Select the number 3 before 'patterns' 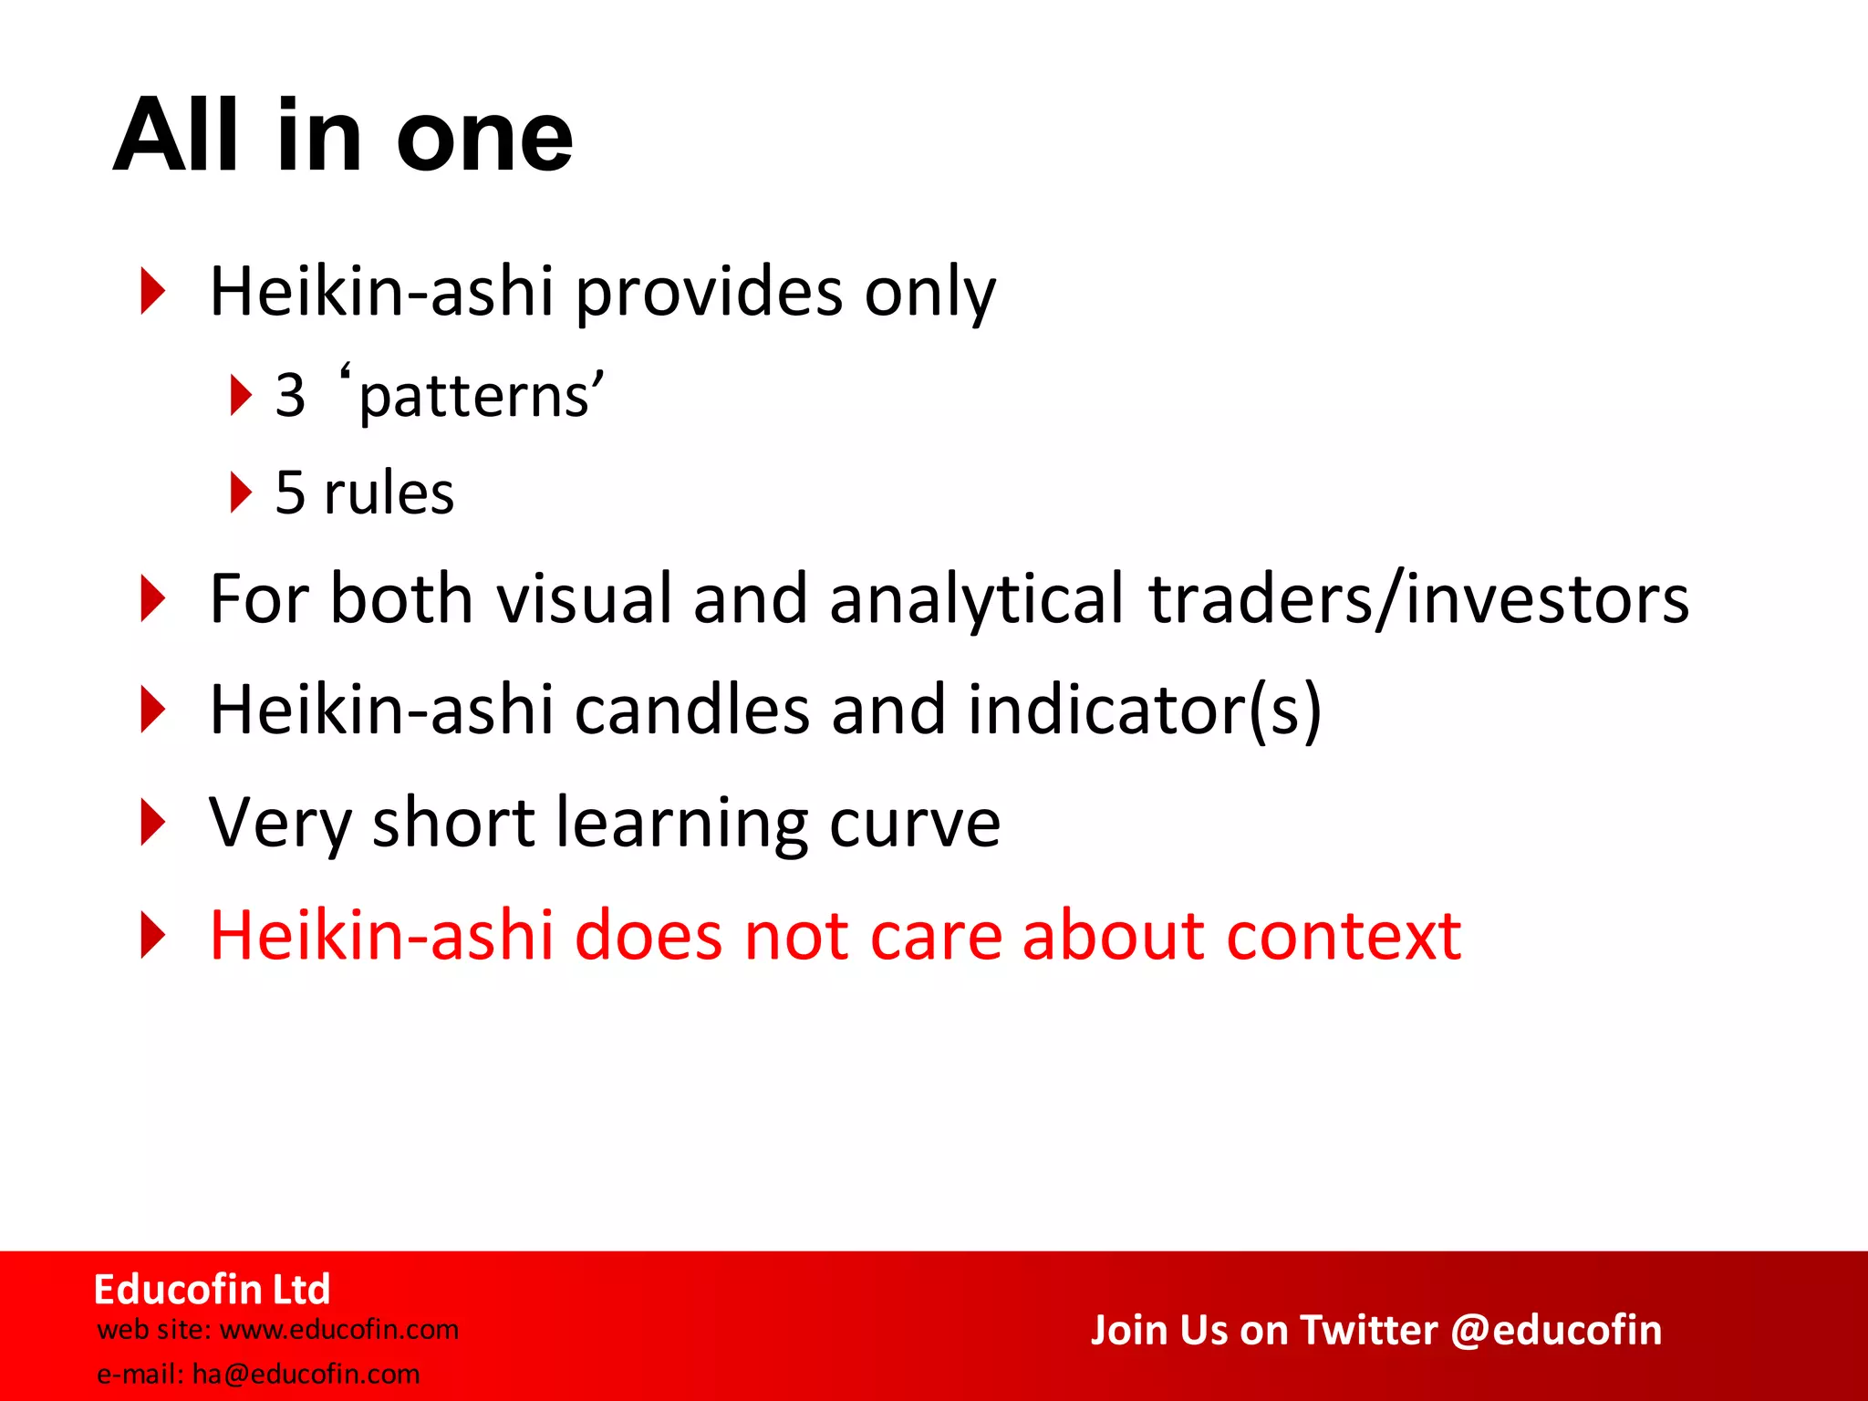(290, 397)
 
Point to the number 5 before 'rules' (290, 493)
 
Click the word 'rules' (389, 493)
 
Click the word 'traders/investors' (1418, 599)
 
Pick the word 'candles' (692, 711)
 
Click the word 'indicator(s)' (1144, 711)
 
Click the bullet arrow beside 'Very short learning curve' (153, 822)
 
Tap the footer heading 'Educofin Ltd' (212, 1290)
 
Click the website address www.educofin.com (339, 1330)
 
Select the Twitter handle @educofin (1555, 1331)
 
